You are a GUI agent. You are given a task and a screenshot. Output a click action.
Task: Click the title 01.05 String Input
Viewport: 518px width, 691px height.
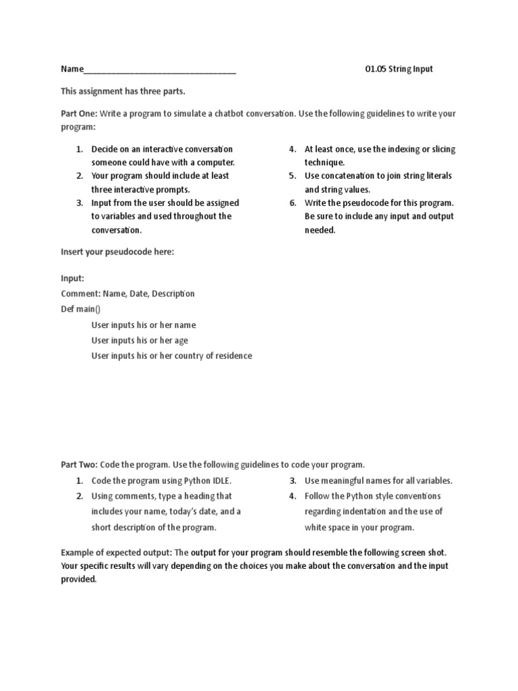pos(399,69)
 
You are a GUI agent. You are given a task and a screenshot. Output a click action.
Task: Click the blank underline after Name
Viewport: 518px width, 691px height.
pos(160,70)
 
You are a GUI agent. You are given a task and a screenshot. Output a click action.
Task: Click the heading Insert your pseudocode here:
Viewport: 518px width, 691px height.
pos(117,252)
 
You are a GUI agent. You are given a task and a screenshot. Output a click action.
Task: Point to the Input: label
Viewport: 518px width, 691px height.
pos(73,278)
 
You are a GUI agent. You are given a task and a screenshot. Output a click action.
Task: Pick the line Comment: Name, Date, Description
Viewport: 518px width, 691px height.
pos(127,294)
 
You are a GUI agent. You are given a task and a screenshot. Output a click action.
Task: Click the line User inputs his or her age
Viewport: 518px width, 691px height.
pos(140,340)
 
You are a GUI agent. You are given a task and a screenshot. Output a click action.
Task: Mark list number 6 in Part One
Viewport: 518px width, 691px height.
pos(293,202)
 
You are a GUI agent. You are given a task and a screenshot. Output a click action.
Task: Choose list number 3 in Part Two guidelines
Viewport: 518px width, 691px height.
pos(293,481)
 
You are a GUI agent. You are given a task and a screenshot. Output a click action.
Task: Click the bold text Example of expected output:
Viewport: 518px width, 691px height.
pos(117,551)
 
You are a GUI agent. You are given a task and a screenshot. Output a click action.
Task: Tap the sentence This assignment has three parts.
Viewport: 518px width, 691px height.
pos(123,91)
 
